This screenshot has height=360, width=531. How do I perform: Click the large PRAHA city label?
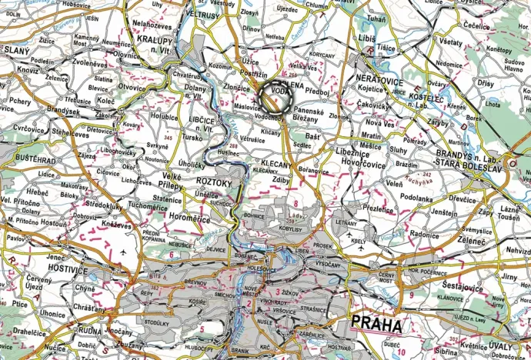pos(376,325)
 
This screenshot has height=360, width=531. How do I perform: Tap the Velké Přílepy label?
pos(171,181)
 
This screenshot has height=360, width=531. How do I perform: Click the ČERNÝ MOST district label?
pos(387,278)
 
